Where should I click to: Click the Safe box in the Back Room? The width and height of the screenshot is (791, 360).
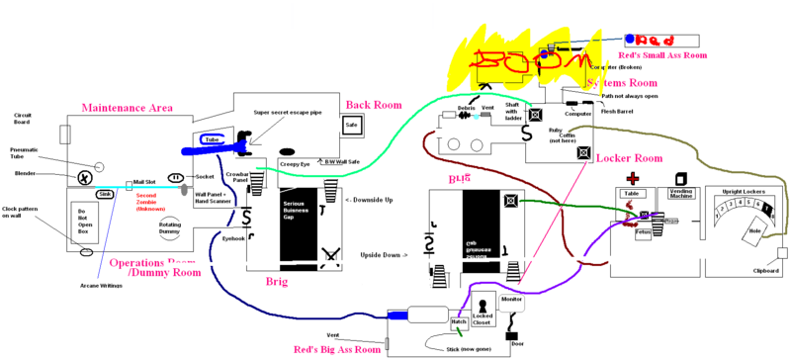point(352,126)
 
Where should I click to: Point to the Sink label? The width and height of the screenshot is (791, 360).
point(104,194)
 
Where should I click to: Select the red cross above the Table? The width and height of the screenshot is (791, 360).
point(630,178)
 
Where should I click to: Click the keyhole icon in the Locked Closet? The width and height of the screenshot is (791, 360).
point(483,305)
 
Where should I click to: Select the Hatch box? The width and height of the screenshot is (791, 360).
point(459,320)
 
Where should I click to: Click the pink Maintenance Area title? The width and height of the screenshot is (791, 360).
point(127,107)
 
